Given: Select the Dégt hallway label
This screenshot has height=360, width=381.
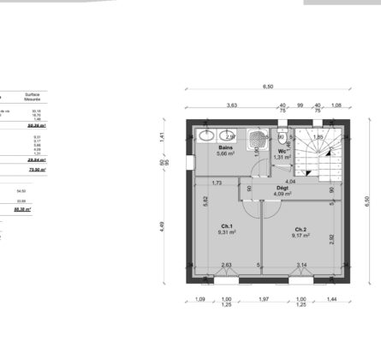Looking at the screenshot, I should click(x=282, y=188).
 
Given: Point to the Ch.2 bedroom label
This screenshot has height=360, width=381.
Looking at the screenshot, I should click(x=301, y=230).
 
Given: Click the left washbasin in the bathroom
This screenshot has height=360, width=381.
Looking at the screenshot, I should click(x=206, y=135).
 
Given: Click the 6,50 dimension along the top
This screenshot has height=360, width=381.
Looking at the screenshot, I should click(x=267, y=87).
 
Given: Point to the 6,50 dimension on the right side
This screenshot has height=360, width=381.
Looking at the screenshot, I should click(x=367, y=201).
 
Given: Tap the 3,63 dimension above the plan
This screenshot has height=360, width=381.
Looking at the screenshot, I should click(x=231, y=105).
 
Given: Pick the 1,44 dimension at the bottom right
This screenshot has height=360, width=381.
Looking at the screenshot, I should click(x=330, y=298).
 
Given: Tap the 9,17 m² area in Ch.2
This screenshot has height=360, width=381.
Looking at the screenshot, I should click(x=301, y=237).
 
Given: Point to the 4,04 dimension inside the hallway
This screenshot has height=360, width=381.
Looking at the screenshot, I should click(x=289, y=181).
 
